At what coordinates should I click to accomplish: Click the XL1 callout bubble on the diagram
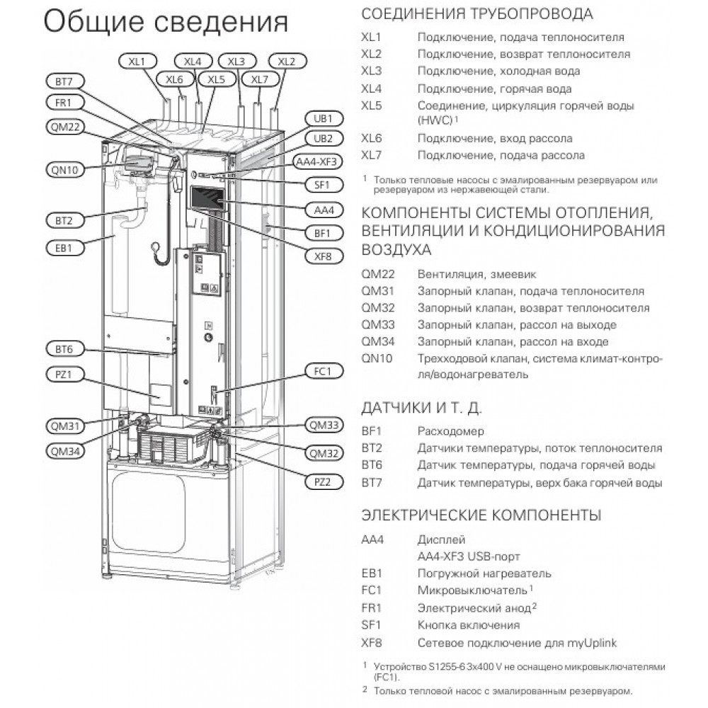tap(137, 62)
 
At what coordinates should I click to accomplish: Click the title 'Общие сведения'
tap(166, 23)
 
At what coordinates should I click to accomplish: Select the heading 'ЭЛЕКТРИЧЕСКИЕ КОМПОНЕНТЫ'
tap(481, 514)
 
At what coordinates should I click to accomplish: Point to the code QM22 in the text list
tap(377, 273)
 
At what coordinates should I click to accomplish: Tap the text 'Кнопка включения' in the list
tap(468, 625)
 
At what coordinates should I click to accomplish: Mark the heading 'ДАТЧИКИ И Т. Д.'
tap(421, 408)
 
